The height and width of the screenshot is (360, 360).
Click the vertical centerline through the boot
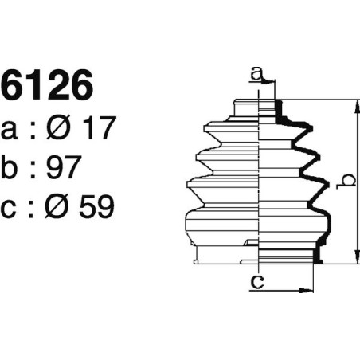[x=261, y=183]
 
